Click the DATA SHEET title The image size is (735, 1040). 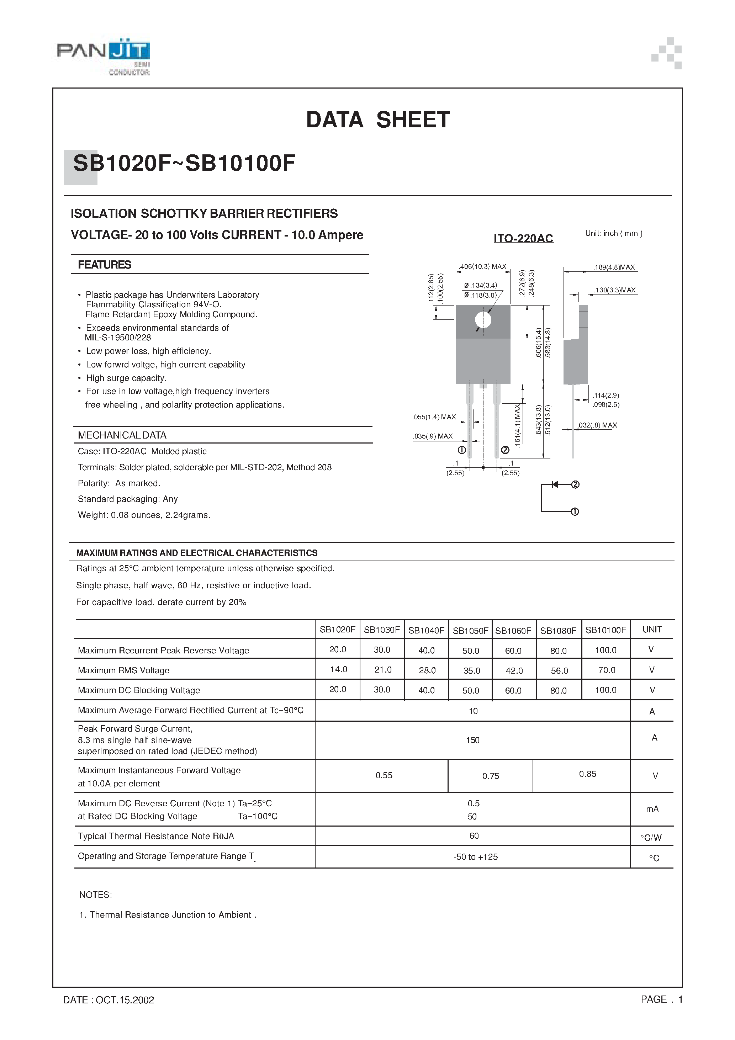[377, 120]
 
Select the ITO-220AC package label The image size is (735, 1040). [523, 238]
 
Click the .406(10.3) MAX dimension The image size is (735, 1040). [483, 266]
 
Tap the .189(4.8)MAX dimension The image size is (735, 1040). [614, 267]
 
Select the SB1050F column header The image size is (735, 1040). [470, 630]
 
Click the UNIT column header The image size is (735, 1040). [652, 629]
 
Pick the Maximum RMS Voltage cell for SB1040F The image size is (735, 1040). [427, 670]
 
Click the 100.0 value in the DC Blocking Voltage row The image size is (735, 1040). [606, 690]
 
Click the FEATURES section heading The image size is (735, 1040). [104, 265]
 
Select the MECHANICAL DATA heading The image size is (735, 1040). [122, 435]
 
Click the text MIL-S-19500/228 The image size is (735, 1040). [118, 338]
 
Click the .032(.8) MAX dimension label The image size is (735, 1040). [597, 425]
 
